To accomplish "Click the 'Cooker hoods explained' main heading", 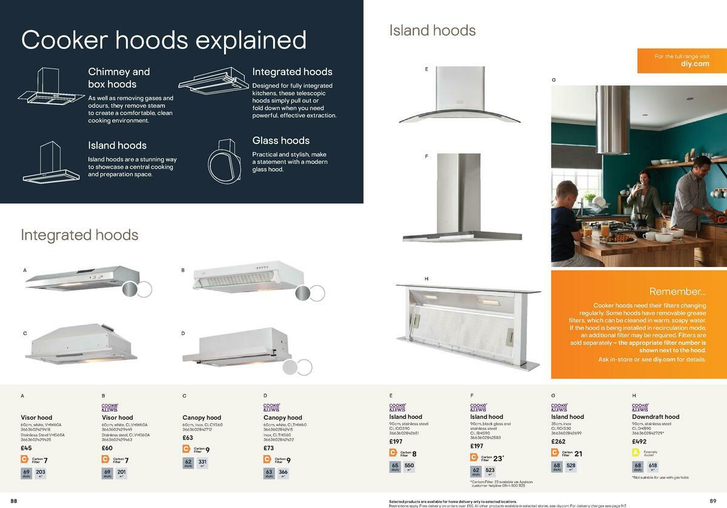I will click(x=164, y=40).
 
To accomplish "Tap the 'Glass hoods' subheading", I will click(x=281, y=140).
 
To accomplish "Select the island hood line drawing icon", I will click(x=51, y=162).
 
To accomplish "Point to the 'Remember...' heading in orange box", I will click(x=677, y=291).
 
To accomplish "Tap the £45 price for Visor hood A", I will click(x=26, y=448).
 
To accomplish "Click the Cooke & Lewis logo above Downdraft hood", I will click(x=640, y=407).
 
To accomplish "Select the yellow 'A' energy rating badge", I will click(x=636, y=452).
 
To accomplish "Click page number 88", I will click(x=14, y=501).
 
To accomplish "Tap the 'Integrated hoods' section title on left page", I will click(x=79, y=235).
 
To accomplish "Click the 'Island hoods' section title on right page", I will click(x=432, y=30).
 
